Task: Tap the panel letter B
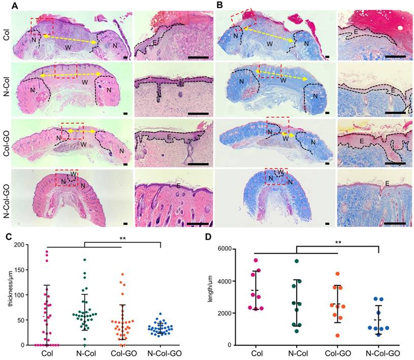point(220,6)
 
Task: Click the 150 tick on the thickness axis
point(22,270)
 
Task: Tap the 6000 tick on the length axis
point(233,249)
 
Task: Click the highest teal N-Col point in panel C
point(85,260)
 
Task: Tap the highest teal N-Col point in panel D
point(297,261)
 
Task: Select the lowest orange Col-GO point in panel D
point(338,336)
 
